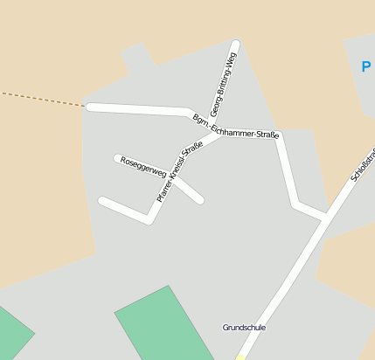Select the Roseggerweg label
point(143,167)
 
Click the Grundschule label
point(244,328)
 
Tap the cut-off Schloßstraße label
point(363,165)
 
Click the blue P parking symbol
point(365,66)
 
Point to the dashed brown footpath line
point(44,99)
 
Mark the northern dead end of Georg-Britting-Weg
point(235,43)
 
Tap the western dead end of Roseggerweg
point(117,158)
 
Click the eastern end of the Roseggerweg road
point(200,200)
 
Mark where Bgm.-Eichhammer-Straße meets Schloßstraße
point(325,216)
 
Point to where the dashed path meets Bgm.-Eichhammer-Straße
point(88,107)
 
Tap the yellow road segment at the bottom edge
point(240,357)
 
